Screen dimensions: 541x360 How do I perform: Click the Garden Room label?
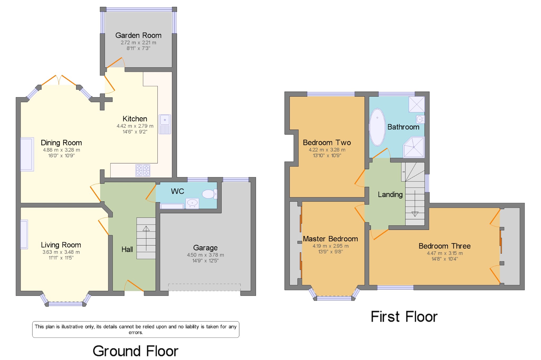(138, 35)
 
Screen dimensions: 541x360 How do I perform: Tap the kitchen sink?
(165, 124)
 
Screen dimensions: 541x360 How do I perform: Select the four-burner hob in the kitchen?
(143, 170)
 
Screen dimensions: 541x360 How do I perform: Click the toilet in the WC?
(210, 194)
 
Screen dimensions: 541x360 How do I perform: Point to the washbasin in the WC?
(192, 203)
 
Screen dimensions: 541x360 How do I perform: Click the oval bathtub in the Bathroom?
(377, 127)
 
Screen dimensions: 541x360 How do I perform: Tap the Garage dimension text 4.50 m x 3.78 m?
(205, 255)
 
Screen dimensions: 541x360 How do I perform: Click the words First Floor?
(404, 317)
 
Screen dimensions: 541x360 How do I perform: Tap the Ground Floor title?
(136, 351)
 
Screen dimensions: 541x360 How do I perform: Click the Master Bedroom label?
(330, 239)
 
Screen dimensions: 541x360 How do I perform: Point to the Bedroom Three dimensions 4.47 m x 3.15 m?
(445, 253)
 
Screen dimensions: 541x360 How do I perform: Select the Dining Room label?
(61, 143)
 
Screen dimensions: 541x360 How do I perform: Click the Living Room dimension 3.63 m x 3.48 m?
(61, 252)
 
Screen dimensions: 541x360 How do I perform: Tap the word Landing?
(390, 195)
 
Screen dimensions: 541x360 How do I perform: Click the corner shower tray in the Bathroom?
(414, 147)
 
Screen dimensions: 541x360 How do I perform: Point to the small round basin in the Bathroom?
(420, 119)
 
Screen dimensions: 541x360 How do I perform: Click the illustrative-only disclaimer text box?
(136, 329)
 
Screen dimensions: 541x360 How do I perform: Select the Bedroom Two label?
(327, 143)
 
